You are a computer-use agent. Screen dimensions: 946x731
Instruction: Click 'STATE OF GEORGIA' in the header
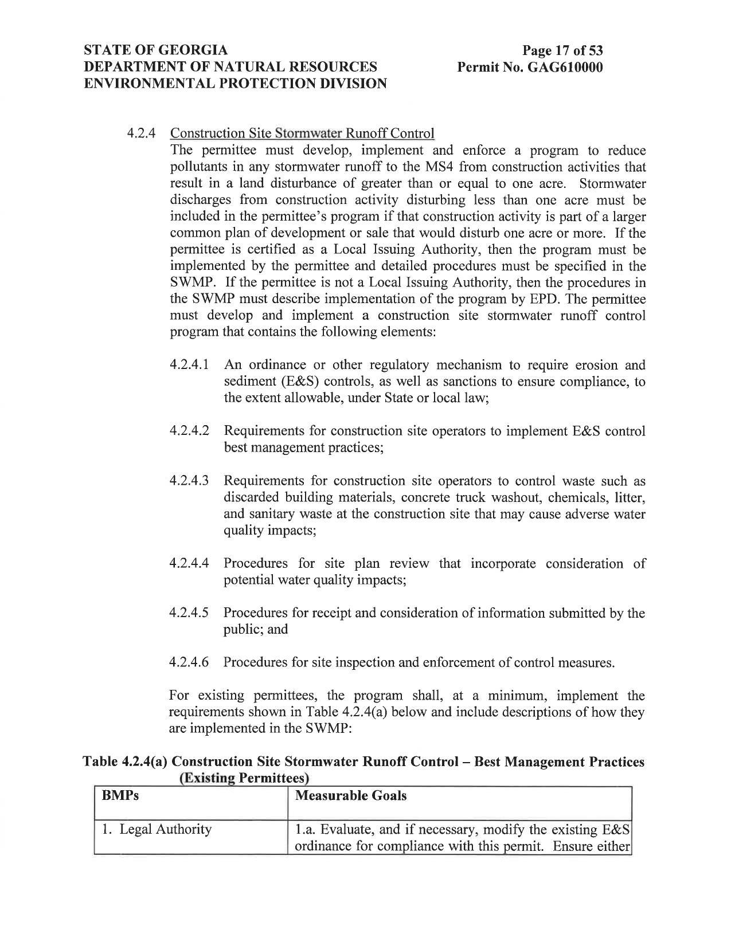pyautogui.click(x=156, y=50)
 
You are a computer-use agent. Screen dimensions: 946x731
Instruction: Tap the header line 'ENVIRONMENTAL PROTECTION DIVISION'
pyautogui.click(x=235, y=84)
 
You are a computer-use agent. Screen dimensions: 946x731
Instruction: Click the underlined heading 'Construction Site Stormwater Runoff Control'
pyautogui.click(x=302, y=134)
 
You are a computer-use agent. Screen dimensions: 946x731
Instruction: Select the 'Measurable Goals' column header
pyautogui.click(x=350, y=796)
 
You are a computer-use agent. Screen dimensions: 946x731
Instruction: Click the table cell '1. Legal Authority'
pyautogui.click(x=157, y=829)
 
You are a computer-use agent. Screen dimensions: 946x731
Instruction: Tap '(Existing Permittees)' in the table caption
pyautogui.click(x=244, y=778)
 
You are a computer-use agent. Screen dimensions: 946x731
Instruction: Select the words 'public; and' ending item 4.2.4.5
pyautogui.click(x=256, y=630)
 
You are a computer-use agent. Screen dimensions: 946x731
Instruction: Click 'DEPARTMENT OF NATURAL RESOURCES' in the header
pyautogui.click(x=230, y=67)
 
